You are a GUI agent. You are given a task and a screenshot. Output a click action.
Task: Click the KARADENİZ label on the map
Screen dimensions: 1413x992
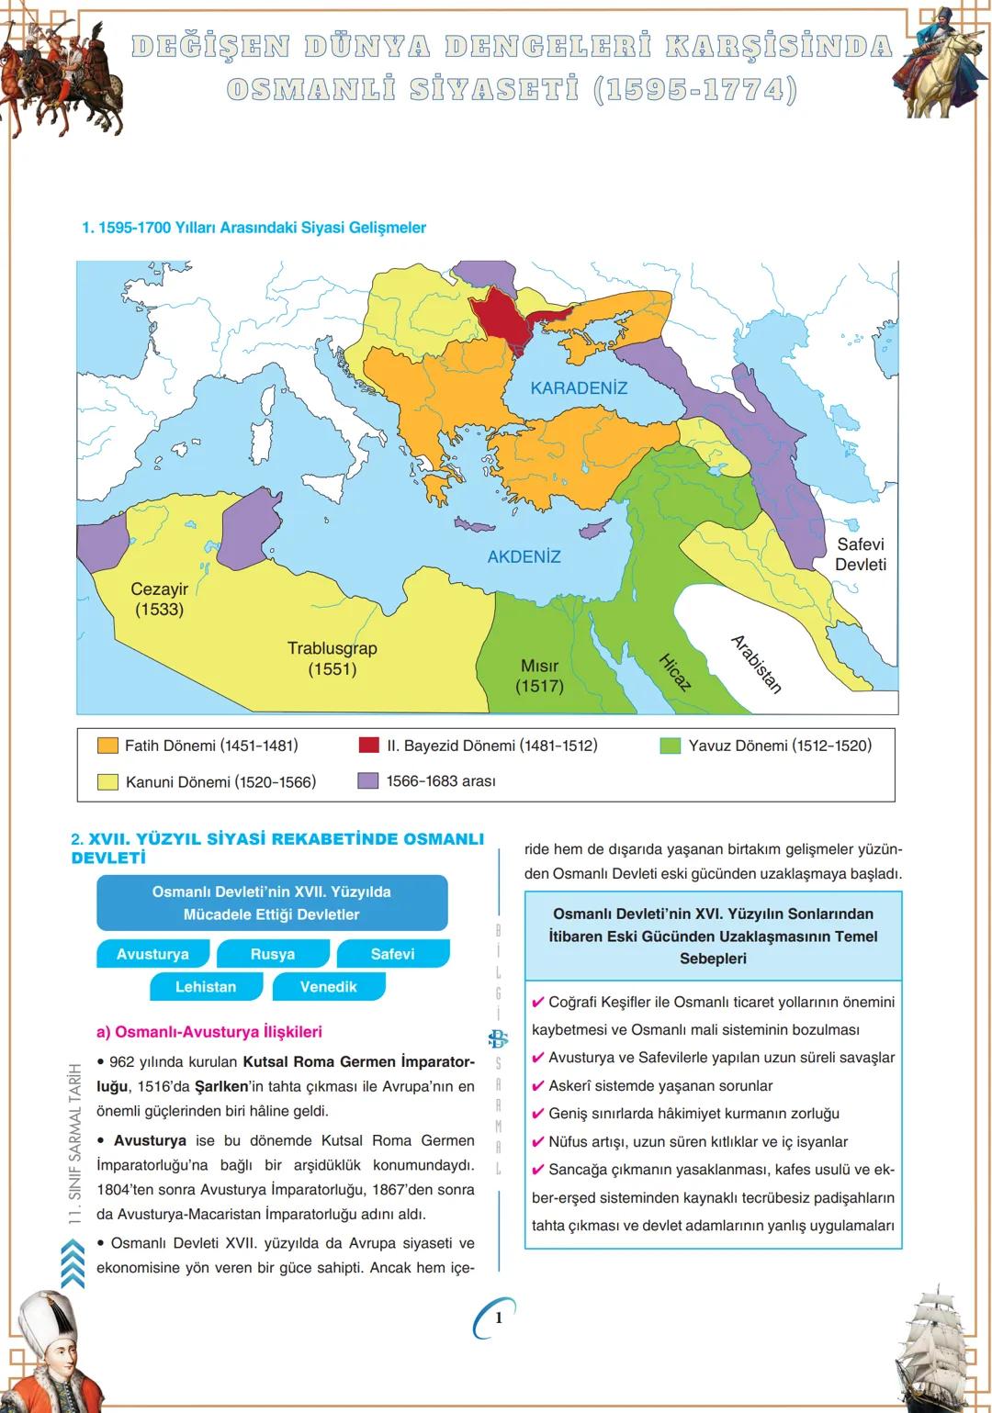tap(579, 388)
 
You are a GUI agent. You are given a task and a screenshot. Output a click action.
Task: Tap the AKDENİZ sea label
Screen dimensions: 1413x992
tap(524, 556)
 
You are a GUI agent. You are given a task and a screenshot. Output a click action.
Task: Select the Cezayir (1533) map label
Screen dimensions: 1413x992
tap(159, 600)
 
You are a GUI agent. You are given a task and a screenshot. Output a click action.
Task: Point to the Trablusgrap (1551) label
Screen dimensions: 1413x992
tap(332, 658)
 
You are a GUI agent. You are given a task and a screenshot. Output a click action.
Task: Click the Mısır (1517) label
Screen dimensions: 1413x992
tap(539, 676)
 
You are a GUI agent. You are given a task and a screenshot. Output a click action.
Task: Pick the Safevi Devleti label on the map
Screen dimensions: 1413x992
tap(860, 554)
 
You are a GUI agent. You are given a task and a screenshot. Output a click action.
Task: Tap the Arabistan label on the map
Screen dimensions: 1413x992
tap(756, 664)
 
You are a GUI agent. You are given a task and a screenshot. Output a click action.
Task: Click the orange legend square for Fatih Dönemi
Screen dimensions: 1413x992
tap(107, 746)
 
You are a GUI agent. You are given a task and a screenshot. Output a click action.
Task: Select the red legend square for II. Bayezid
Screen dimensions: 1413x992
tap(368, 745)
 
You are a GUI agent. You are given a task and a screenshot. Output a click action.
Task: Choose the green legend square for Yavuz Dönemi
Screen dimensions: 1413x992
tap(671, 746)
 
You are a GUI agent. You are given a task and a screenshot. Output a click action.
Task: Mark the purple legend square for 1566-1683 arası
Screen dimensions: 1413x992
tap(367, 780)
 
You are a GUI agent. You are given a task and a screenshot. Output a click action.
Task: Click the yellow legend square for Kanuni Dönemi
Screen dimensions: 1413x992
tap(107, 782)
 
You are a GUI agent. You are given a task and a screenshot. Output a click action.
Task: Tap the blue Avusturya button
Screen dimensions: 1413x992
tap(152, 954)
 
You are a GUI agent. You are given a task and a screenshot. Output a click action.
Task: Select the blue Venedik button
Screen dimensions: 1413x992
tap(328, 987)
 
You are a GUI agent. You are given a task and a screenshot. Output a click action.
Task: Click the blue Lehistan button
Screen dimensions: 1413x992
tap(206, 987)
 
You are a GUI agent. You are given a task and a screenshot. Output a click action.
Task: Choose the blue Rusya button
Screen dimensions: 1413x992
tap(273, 954)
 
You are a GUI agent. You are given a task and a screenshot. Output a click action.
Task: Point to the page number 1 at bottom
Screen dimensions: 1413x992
tap(498, 1318)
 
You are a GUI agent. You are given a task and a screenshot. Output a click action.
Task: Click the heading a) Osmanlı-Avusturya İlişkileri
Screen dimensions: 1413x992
tap(209, 1032)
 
